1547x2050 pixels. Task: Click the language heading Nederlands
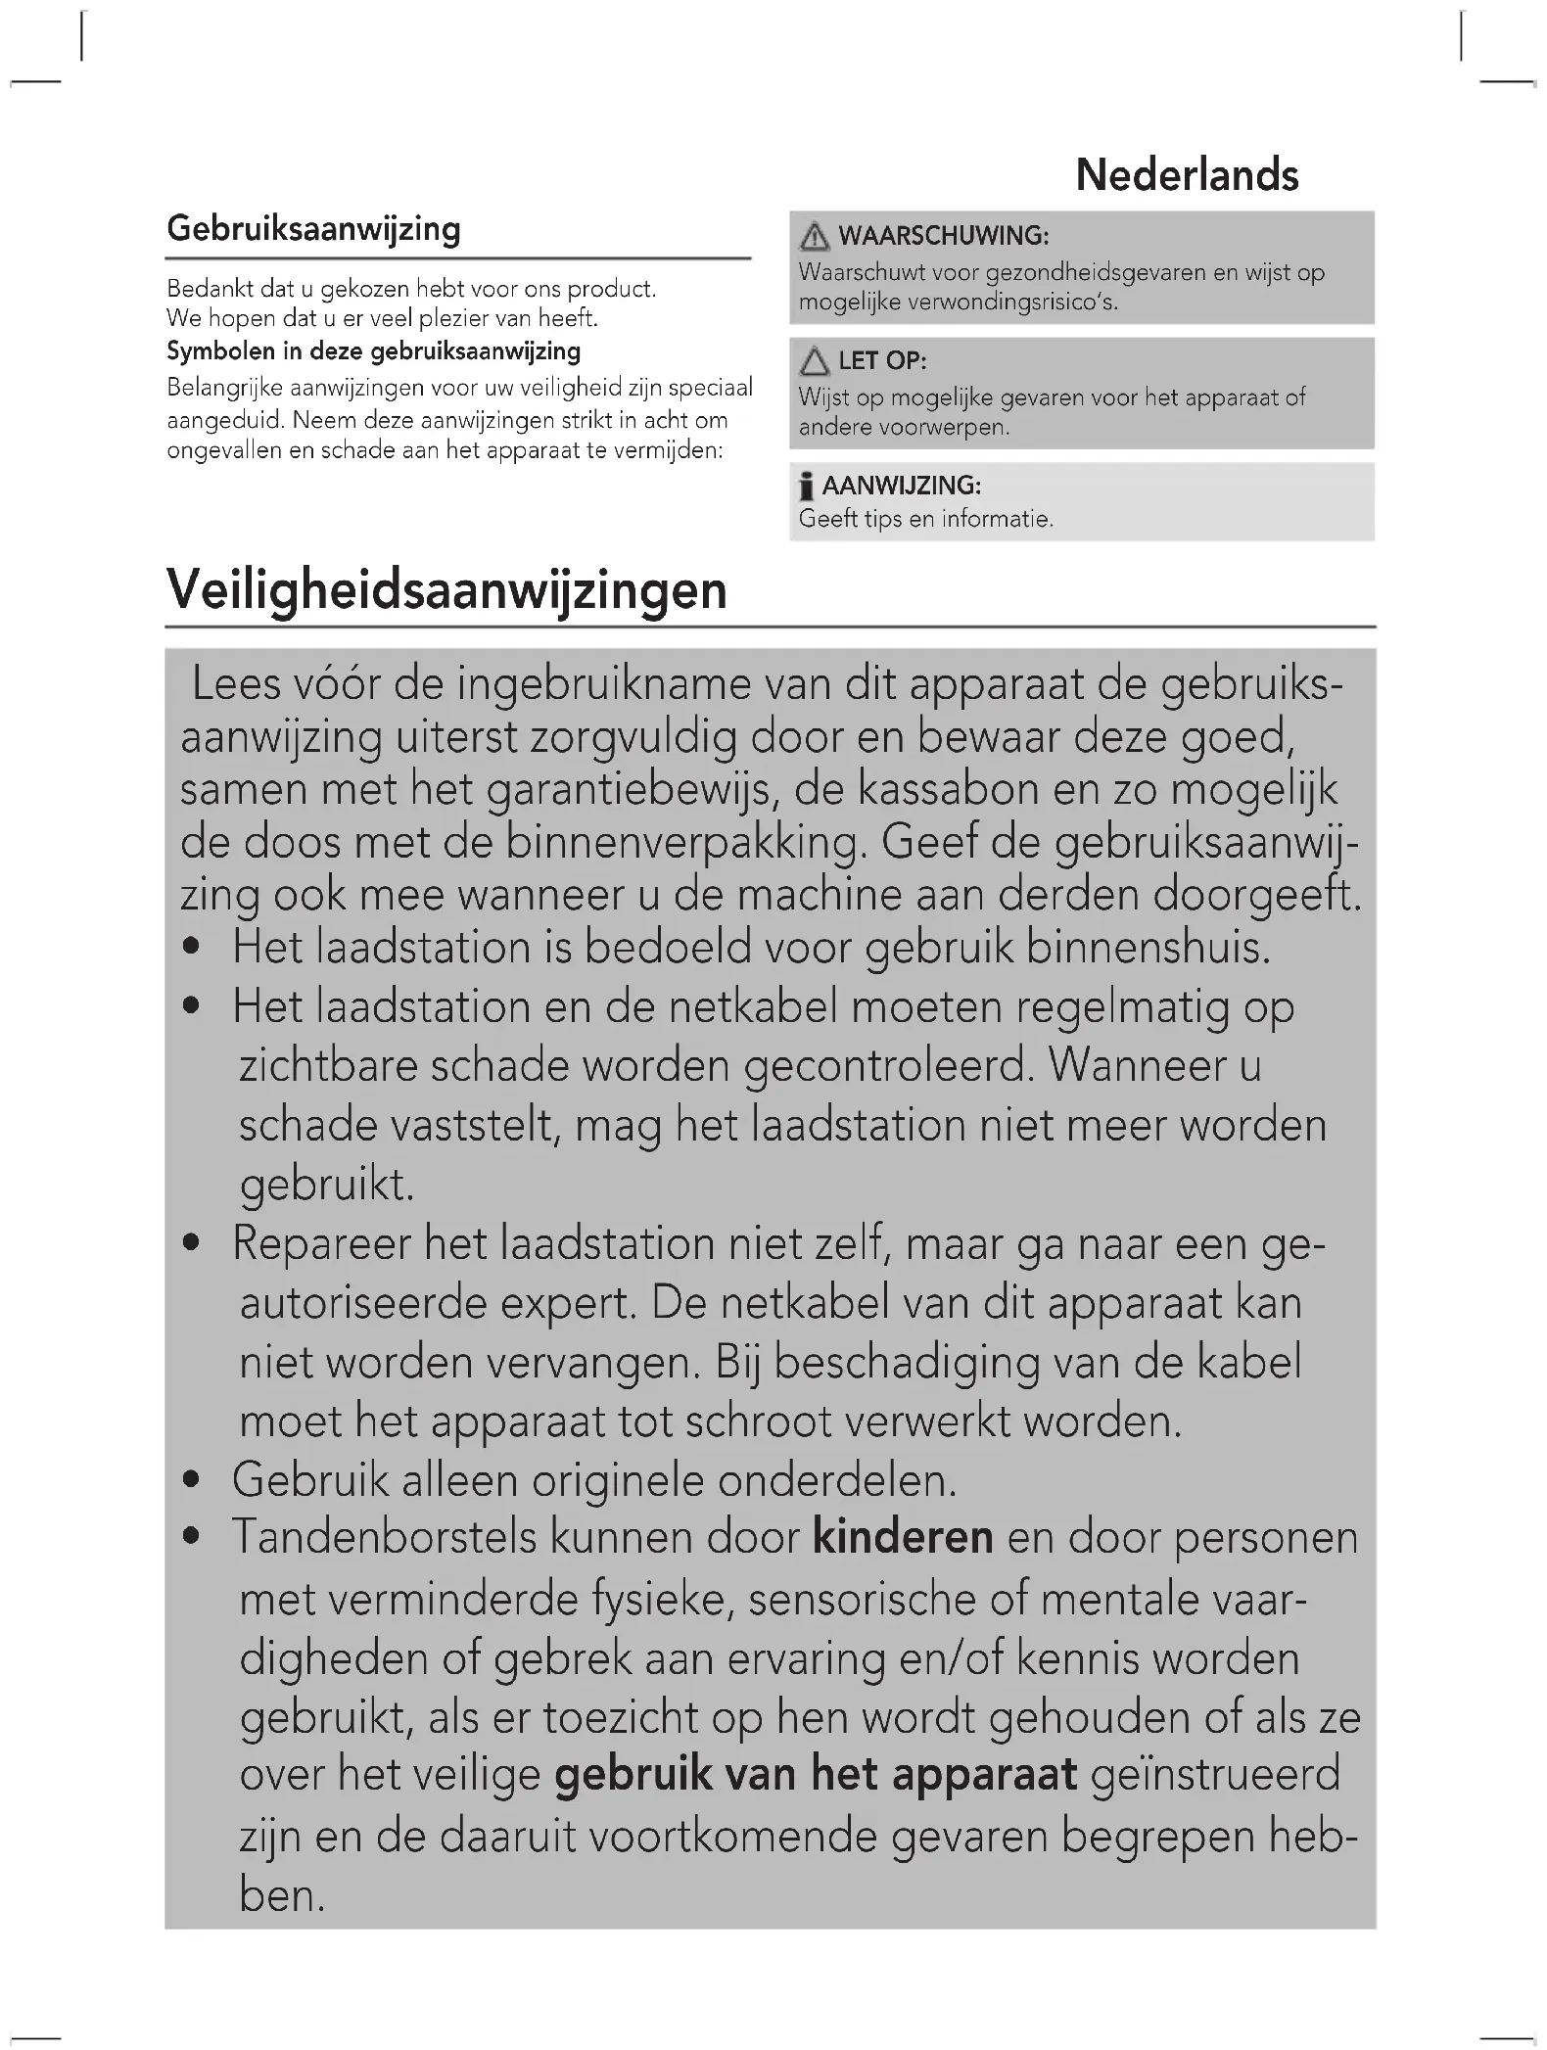[1187, 175]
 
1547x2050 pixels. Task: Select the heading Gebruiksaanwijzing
[313, 228]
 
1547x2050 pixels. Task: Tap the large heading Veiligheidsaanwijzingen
[446, 589]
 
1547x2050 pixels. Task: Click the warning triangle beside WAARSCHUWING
[814, 237]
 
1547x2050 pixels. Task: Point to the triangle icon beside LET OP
[814, 362]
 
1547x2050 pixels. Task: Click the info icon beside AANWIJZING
[806, 487]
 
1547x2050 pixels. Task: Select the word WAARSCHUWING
[944, 236]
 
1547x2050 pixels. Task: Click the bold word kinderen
[903, 1537]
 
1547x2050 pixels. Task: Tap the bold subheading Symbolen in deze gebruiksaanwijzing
[373, 351]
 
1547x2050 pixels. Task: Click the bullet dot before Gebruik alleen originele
[193, 1480]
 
